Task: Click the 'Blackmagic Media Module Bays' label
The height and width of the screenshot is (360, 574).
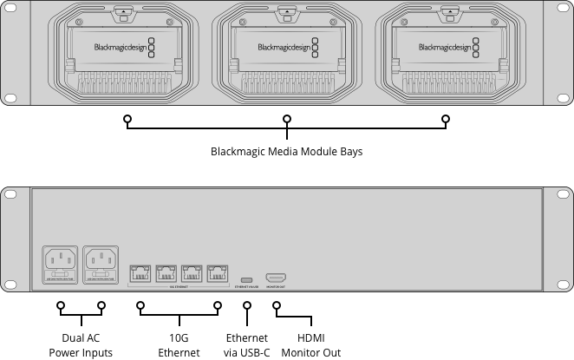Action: tap(286, 151)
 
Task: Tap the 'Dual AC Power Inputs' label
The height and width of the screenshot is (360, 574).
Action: tap(81, 345)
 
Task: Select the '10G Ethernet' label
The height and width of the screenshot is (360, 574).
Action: tap(179, 345)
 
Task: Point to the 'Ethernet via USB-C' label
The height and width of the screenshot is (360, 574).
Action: tap(247, 345)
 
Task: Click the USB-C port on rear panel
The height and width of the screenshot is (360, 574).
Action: tap(247, 279)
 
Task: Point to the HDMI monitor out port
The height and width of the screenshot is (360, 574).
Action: tap(276, 277)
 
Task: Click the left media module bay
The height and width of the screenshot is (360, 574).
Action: tap(125, 54)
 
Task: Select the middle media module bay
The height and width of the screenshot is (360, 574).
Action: tap(286, 54)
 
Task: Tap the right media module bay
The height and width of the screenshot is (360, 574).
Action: tap(448, 54)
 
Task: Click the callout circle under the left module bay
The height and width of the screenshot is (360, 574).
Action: tap(127, 118)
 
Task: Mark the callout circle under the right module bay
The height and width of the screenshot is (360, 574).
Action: tap(447, 118)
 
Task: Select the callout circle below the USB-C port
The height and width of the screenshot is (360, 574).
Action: tap(247, 306)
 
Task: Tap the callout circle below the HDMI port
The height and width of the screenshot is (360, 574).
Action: tap(277, 306)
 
